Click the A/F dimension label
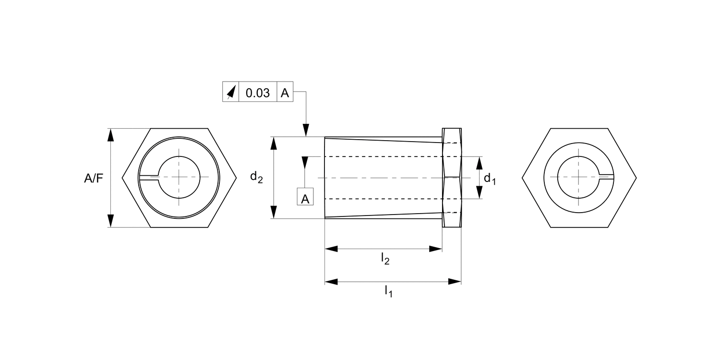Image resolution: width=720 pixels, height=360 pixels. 94,179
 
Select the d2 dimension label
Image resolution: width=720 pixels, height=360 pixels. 256,177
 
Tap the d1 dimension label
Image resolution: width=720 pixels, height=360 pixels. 490,179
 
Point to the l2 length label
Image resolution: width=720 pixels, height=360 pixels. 385,259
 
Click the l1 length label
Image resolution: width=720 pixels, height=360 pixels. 388,291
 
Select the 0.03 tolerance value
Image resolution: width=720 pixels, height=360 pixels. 258,93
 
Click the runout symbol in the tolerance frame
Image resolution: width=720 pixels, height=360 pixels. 231,93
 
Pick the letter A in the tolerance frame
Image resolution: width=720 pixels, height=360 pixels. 285,93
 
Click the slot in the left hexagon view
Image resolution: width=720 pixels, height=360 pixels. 149,178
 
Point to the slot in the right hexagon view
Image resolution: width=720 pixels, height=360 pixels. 607,177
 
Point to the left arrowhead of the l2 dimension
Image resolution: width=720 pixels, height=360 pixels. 332,249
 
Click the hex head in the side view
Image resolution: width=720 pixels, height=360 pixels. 452,178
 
